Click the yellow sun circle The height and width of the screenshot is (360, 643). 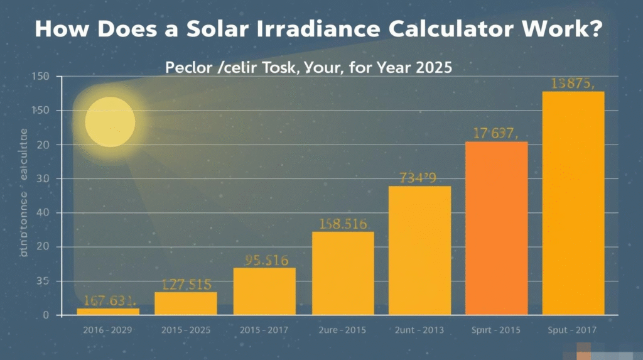pos(110,122)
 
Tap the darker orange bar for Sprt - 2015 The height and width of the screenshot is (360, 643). pos(496,228)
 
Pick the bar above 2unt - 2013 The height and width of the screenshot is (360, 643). pos(419,250)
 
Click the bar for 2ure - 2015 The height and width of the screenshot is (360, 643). pos(343,273)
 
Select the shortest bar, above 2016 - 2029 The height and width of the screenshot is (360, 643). pos(108,311)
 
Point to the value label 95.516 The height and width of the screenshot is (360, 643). pos(264,259)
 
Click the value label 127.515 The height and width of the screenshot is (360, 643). pos(186,284)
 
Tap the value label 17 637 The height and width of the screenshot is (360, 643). pos(495,133)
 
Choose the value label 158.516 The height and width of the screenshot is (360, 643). pos(343,223)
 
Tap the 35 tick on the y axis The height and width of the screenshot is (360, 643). pos(43,281)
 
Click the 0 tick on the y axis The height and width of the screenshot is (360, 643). pos(45,315)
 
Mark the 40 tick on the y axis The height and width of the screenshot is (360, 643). pos(43,213)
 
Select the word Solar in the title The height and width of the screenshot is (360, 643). pos(197,30)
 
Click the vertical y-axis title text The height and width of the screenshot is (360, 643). pos(24,192)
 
